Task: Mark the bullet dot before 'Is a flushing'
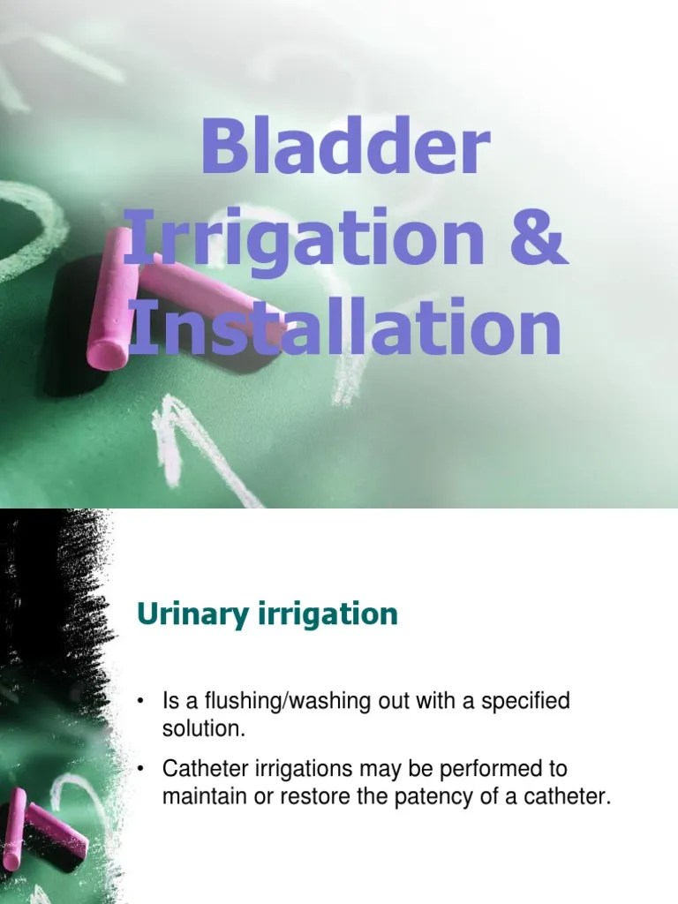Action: (x=141, y=703)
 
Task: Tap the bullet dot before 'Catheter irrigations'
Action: (x=141, y=769)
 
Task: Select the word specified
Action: (x=529, y=703)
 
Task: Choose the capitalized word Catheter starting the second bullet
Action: (x=200, y=769)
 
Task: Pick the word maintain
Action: (x=200, y=796)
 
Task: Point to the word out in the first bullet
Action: (x=388, y=703)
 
